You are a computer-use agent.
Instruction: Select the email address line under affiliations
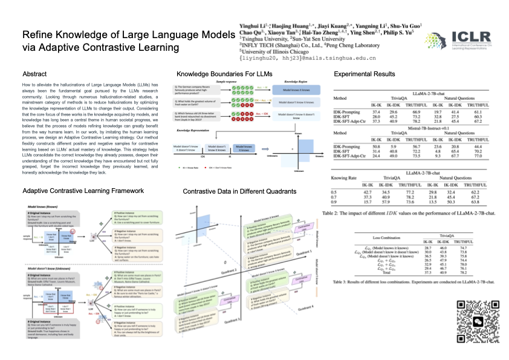pos(291,58)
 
